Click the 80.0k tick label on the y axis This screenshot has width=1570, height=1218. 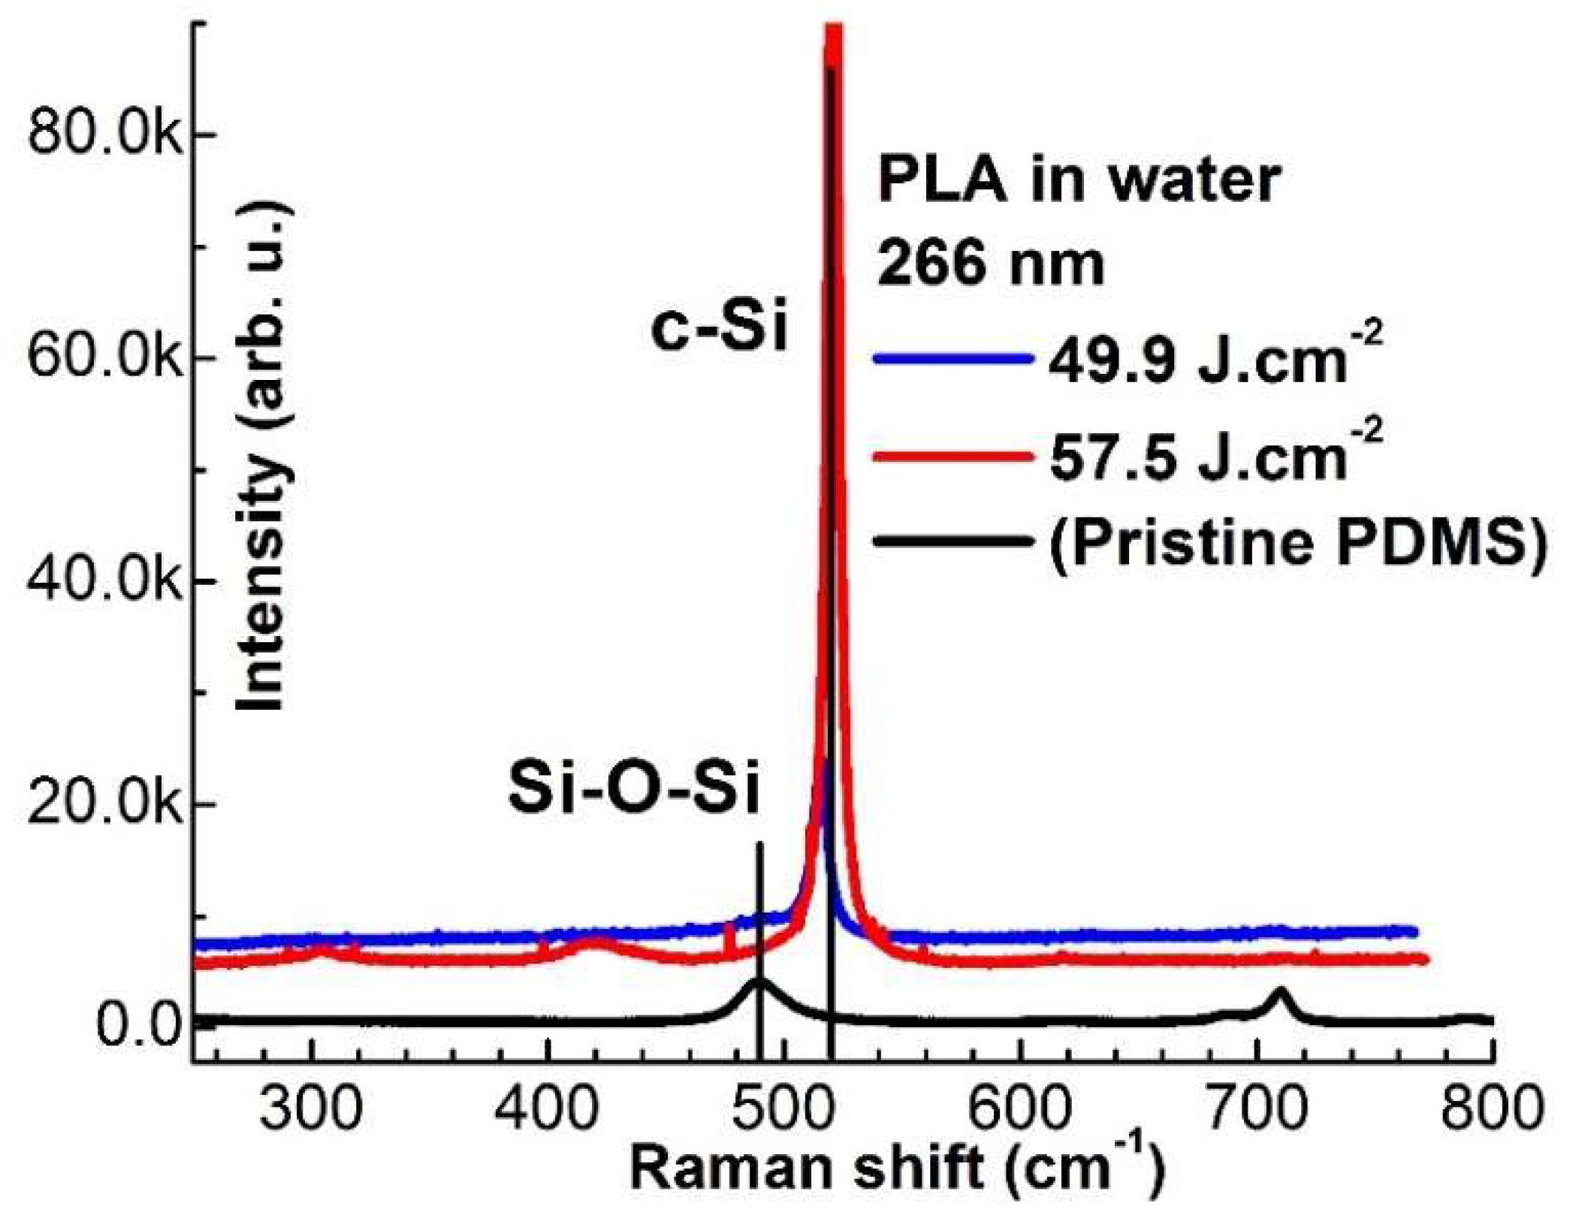[105, 137]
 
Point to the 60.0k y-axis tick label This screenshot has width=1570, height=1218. [105, 359]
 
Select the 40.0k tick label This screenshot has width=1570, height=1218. [105, 580]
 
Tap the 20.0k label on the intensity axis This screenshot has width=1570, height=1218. [105, 804]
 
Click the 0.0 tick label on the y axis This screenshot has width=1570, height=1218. [139, 1027]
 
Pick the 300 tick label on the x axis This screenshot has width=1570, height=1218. [311, 1109]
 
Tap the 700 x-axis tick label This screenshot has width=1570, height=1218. [1256, 1109]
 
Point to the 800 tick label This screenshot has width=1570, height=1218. [1491, 1109]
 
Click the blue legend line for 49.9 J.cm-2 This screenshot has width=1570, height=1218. [951, 360]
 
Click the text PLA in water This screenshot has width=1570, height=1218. [1079, 181]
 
